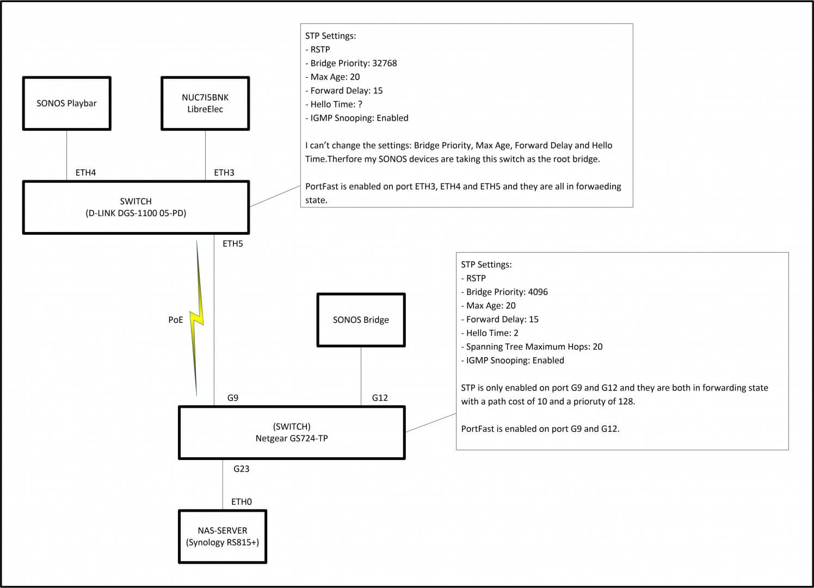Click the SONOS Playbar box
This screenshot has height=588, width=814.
coord(66,103)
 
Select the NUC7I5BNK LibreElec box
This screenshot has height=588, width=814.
coord(205,103)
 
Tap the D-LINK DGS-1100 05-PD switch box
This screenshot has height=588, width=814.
coord(135,207)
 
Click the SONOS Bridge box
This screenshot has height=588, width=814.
coord(361,320)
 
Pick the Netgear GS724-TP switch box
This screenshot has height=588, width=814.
coord(292,432)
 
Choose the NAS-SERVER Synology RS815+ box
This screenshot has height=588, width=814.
coord(223,536)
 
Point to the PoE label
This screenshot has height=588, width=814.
coord(176,320)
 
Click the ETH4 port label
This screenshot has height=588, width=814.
coord(85,173)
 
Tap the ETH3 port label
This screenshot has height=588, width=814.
coord(224,173)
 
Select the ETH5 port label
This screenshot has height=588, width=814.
coord(232,244)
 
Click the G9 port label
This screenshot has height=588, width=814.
coord(232,398)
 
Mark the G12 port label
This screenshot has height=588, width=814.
coord(380,398)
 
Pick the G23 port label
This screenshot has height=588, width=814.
coord(241,469)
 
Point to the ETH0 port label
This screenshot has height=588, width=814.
coord(242,502)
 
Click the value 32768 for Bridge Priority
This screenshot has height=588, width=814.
coord(384,63)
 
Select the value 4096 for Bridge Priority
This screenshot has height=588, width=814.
coord(538,292)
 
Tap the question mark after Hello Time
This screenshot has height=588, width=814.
coord(360,104)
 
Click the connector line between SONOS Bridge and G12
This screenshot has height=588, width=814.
coord(361,376)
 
